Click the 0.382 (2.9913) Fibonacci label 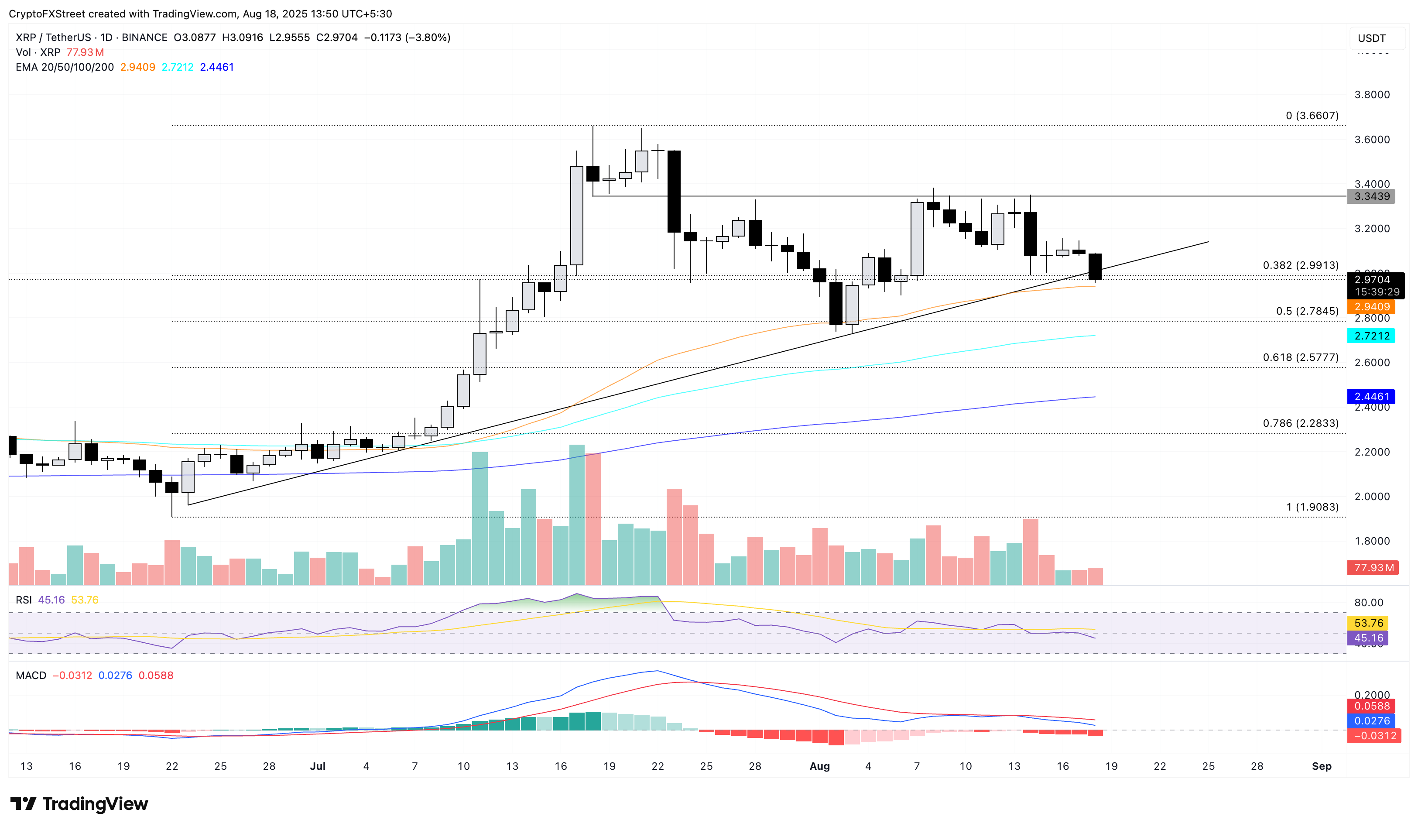1300,265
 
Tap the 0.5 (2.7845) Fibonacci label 1307,311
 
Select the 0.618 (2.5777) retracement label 1300,357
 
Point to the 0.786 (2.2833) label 1300,423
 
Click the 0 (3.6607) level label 1312,115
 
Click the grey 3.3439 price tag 1371,196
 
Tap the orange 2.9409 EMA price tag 1371,307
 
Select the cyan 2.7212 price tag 1371,336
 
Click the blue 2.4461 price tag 1371,397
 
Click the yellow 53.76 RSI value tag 1368,623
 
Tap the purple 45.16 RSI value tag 1368,638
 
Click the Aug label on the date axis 819,766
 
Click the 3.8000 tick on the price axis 1371,95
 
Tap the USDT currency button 1371,38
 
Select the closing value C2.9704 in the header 336,38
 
